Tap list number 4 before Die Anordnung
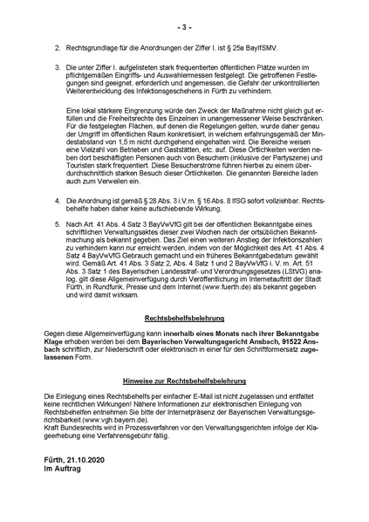(x=57, y=224)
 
